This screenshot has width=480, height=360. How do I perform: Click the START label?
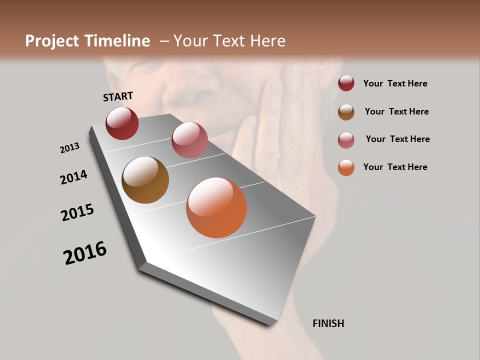click(x=118, y=96)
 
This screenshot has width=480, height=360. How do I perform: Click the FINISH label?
click(x=328, y=323)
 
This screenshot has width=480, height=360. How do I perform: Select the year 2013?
click(x=69, y=148)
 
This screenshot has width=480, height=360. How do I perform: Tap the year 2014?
click(x=73, y=177)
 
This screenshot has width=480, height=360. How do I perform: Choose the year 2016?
click(x=85, y=253)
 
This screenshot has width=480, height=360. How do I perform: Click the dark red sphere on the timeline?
click(x=122, y=123)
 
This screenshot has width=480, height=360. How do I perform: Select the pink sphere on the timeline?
click(x=189, y=140)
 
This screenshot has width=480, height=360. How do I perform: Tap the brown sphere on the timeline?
click(x=145, y=180)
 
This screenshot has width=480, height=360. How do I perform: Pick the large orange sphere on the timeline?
click(x=216, y=207)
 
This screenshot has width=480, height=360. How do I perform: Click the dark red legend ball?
click(x=346, y=83)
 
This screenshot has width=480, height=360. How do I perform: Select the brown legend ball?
click(x=346, y=112)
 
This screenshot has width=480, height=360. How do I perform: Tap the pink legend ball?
click(x=346, y=140)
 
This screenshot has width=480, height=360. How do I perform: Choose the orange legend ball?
click(x=346, y=167)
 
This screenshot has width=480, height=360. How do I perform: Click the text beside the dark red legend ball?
click(x=395, y=83)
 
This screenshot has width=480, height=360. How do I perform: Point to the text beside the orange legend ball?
click(x=395, y=167)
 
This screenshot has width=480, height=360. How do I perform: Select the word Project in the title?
click(x=51, y=41)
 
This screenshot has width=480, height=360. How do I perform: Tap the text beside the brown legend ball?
click(x=396, y=111)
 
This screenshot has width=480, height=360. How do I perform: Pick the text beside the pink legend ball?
click(x=397, y=139)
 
